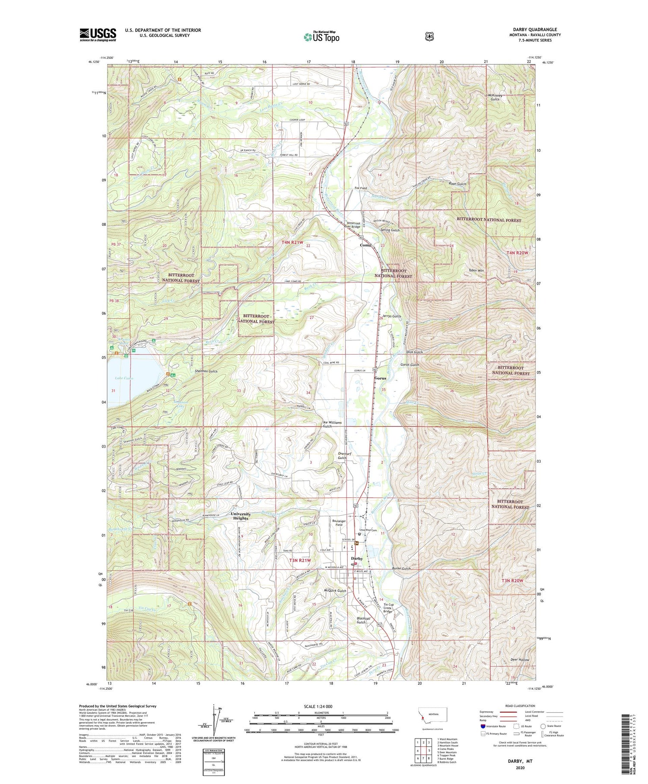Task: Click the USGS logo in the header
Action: click(98, 35)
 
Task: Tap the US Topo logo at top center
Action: click(321, 37)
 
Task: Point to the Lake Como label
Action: click(124, 378)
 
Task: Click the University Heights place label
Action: click(241, 516)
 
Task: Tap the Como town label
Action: click(365, 245)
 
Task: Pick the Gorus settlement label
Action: click(380, 378)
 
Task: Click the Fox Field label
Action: click(361, 188)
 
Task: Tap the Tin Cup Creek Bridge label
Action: click(388, 608)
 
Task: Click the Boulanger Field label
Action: click(339, 522)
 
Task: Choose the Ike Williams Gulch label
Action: click(332, 424)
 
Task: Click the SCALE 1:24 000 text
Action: click(321, 706)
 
